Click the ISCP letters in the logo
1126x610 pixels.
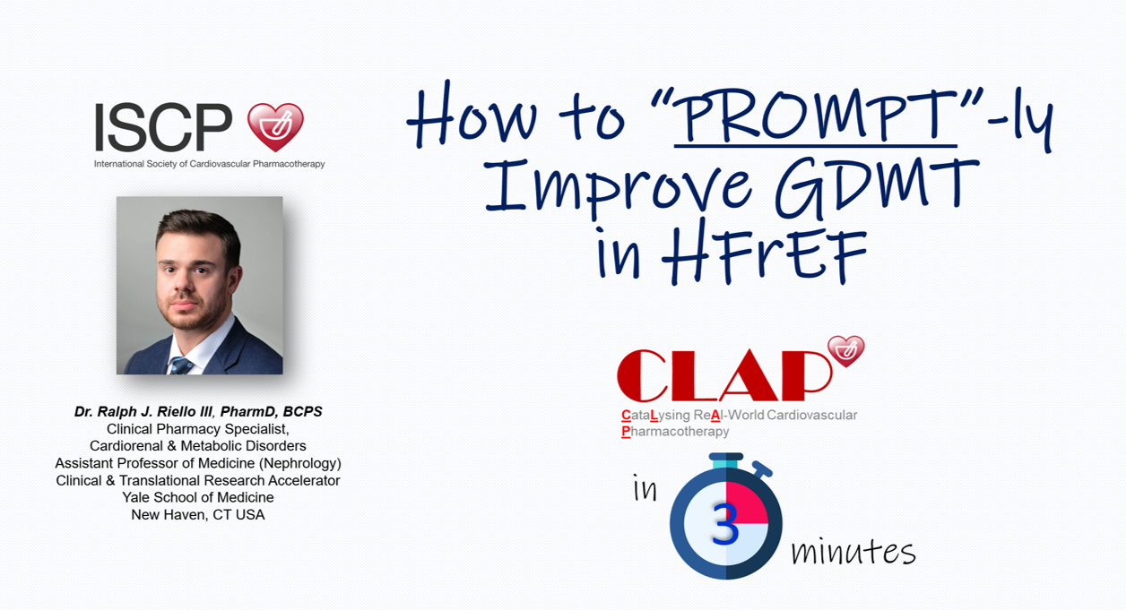[x=164, y=127]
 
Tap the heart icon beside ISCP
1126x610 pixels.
[x=275, y=127]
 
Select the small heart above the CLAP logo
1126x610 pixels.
[x=846, y=351]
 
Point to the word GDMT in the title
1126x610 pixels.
[x=877, y=188]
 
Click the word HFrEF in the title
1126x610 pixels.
[x=764, y=256]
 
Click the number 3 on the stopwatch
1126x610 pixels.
[x=725, y=524]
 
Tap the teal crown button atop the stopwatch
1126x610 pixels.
[x=726, y=460]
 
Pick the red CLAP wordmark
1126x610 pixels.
[x=723, y=375]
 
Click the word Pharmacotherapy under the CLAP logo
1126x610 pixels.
[x=675, y=431]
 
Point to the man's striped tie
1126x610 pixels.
[x=180, y=365]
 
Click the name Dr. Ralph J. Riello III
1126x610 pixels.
[x=143, y=412]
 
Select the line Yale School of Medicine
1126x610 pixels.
[x=198, y=497]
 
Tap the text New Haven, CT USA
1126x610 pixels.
[x=198, y=515]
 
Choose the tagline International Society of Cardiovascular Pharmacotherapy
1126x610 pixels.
[x=209, y=164]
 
